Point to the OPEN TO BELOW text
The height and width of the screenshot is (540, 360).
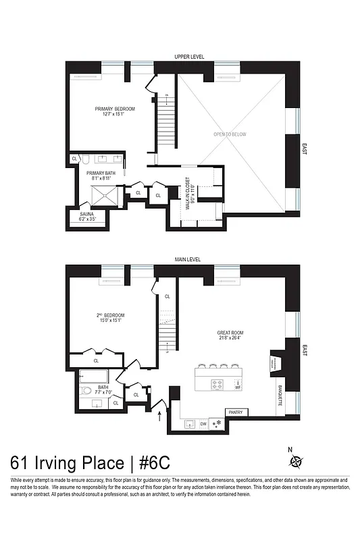(x=230, y=134)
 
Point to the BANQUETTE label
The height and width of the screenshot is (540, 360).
(x=280, y=396)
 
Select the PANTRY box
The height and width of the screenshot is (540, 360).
(x=236, y=412)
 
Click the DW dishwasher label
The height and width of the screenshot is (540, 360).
(x=203, y=424)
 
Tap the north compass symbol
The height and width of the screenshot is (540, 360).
(x=296, y=462)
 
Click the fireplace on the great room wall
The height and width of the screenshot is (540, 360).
(x=276, y=360)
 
